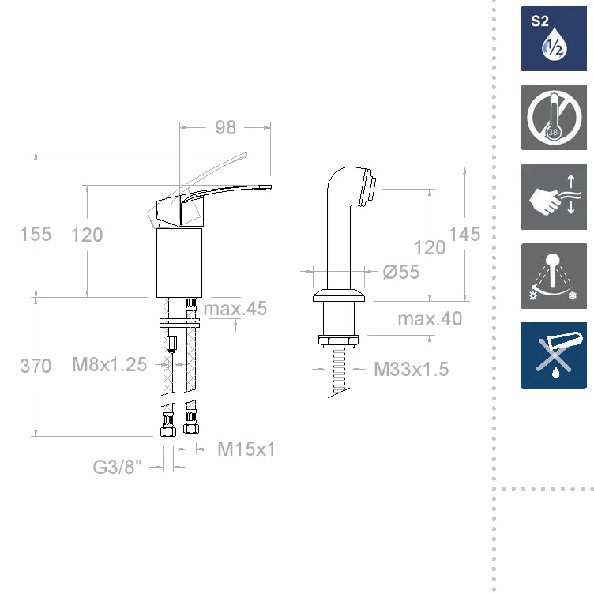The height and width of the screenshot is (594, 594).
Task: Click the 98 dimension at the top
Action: click(x=226, y=128)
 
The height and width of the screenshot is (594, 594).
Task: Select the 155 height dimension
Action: click(x=36, y=234)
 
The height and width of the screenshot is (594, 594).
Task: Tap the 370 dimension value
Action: click(x=36, y=366)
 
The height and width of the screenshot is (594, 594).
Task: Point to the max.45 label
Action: click(x=235, y=308)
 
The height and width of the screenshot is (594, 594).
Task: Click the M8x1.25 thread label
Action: click(x=110, y=364)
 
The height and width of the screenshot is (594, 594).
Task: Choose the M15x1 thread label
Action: click(x=246, y=449)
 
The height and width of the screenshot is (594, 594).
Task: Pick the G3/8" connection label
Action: click(x=118, y=467)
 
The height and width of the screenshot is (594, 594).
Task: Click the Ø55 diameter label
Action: click(x=401, y=272)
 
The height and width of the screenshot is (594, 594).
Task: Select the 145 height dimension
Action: click(x=464, y=234)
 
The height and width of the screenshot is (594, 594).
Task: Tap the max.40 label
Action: click(x=430, y=318)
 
